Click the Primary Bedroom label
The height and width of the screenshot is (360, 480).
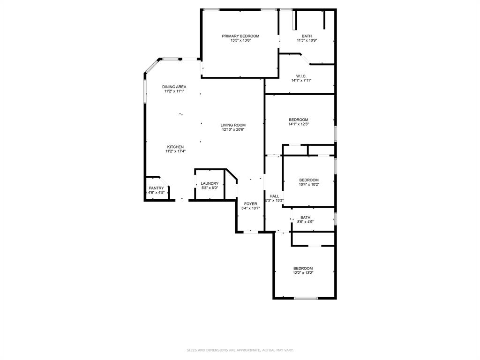tap(240, 36)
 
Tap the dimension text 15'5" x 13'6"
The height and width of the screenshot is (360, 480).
tap(240, 40)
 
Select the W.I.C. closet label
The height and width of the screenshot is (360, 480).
tap(301, 76)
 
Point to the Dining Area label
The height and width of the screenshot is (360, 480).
tap(174, 87)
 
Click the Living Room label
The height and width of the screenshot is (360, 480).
tap(233, 125)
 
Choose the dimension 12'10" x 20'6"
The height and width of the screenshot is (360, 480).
tap(233, 129)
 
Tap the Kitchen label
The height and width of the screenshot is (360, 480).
tap(175, 147)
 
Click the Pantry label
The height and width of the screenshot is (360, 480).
tap(156, 188)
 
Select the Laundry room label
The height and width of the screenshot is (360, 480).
tap(210, 184)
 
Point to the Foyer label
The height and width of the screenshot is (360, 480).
tap(250, 204)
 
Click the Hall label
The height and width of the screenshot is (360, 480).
tap(274, 196)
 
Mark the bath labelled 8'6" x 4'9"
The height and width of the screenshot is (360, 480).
tap(305, 217)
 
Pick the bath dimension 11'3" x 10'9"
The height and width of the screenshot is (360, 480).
tap(307, 40)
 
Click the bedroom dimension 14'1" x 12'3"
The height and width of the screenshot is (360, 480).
tap(299, 124)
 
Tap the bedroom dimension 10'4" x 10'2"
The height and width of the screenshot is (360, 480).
tap(309, 185)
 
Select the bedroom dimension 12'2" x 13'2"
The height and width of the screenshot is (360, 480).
tap(303, 273)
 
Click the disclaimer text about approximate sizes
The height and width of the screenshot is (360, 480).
tap(240, 350)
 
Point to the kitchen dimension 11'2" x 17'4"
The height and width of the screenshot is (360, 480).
tap(175, 151)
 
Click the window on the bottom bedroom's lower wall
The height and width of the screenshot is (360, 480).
tap(306, 298)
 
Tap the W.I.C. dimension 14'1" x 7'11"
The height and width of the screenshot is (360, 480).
tap(301, 81)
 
